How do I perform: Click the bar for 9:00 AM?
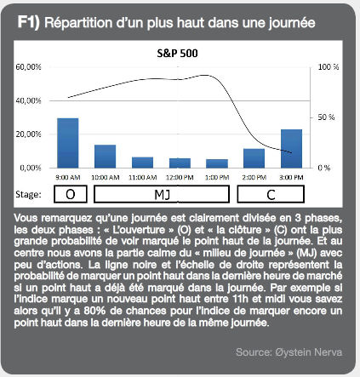tap(68, 143)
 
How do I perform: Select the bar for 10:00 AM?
tap(106, 157)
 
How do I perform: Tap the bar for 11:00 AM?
tap(142, 163)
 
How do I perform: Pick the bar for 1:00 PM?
tap(217, 163)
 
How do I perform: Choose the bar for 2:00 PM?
tap(254, 158)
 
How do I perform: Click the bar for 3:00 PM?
tap(291, 149)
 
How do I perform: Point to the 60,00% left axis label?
tap(28, 67)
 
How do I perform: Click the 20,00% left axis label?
tap(28, 134)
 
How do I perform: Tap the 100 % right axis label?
tap(329, 67)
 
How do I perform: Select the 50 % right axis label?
tap(326, 117)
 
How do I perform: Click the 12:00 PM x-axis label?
tap(180, 178)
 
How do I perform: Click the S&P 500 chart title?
tap(177, 54)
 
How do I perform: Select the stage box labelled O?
tap(71, 194)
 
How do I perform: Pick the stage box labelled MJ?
tap(162, 194)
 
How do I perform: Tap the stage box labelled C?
tap(271, 194)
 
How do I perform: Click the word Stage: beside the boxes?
tap(28, 195)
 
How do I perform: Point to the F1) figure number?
tap(28, 22)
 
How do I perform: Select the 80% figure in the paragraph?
tap(94, 311)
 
